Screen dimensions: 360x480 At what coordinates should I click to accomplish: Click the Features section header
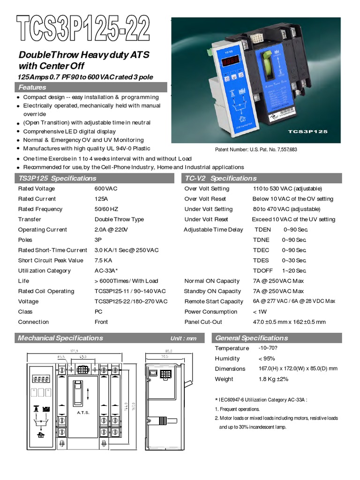point(32,88)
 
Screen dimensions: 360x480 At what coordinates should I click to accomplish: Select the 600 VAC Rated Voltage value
point(106,189)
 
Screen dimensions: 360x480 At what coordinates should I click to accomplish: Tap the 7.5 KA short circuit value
point(103,261)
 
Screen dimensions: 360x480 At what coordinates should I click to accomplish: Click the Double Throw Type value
point(119,219)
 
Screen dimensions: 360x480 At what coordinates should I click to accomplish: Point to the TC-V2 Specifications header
point(221,179)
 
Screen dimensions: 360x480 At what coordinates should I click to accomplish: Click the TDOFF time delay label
point(263,271)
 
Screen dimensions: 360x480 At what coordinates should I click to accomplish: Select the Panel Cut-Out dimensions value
point(289,322)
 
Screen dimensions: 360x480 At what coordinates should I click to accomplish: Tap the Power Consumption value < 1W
point(261,312)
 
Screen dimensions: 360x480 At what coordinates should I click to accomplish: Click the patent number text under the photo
point(255,150)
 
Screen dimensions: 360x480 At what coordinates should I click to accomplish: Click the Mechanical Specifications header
point(60,338)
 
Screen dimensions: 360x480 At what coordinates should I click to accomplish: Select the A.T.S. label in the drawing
point(82,412)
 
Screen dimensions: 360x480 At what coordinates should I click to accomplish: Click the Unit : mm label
point(183,339)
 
